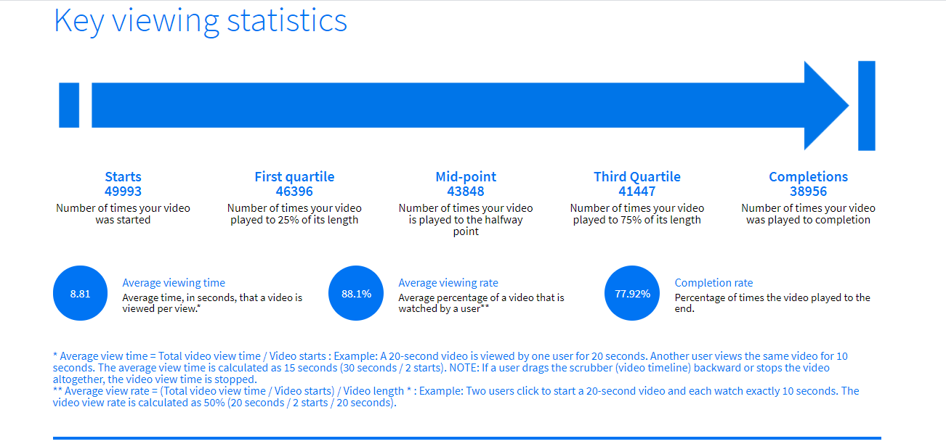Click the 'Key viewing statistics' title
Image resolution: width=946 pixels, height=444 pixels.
[201, 21]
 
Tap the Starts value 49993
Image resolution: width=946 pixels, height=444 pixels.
[123, 192]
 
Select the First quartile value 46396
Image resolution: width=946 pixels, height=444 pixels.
[294, 192]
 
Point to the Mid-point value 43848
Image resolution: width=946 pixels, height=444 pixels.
[466, 192]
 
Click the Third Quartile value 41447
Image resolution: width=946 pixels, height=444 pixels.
[637, 192]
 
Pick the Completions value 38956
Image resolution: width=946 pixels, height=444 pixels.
[809, 192]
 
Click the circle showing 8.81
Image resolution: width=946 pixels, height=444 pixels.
[80, 293]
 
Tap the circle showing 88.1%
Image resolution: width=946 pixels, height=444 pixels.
[356, 293]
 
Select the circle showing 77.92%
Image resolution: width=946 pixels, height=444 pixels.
[632, 293]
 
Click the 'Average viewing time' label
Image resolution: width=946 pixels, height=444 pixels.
[174, 282]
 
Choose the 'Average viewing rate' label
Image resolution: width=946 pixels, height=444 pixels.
[448, 282]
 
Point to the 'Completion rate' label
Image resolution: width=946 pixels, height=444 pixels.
[713, 282]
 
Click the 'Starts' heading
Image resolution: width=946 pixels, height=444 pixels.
[123, 176]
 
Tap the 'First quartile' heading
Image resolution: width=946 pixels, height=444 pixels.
[294, 177]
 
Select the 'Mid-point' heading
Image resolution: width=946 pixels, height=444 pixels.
[466, 177]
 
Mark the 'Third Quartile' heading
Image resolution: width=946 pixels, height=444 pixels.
[637, 176]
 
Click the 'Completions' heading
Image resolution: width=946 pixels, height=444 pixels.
[809, 177]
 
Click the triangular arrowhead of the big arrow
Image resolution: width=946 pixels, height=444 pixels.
[823, 105]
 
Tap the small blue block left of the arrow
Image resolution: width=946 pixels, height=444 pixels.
[69, 105]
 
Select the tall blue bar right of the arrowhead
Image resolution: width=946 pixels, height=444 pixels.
[867, 105]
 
